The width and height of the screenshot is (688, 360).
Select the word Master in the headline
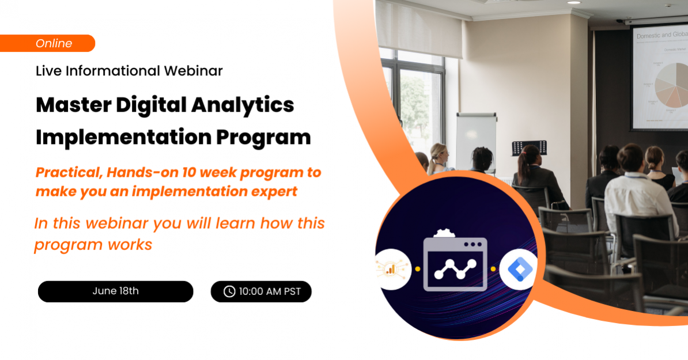point(73,105)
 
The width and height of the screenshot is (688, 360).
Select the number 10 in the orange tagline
point(189,172)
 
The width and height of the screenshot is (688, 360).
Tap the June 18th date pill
point(115,291)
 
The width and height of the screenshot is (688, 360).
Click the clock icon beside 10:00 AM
point(229,291)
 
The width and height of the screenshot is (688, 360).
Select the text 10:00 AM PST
point(270,291)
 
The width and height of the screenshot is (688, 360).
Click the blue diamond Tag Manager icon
point(517,269)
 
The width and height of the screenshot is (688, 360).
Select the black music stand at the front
point(528,147)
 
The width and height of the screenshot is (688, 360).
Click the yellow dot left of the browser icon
point(417,269)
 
